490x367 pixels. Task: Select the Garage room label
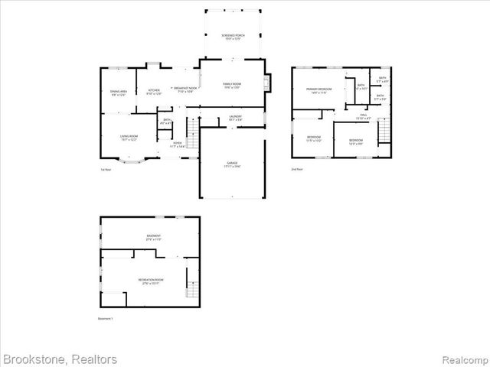(x=231, y=164)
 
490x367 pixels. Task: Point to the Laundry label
(x=235, y=118)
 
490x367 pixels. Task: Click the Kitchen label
(x=154, y=92)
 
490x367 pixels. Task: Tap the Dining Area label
(x=118, y=93)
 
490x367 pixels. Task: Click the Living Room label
(x=128, y=138)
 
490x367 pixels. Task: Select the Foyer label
(x=177, y=145)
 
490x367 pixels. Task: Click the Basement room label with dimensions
(x=153, y=237)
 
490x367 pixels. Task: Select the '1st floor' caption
(x=106, y=169)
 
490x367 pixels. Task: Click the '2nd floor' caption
(x=296, y=169)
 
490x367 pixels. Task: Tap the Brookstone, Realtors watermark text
(x=60, y=359)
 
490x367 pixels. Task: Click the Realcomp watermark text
(x=465, y=359)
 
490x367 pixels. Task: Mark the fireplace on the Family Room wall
(x=266, y=83)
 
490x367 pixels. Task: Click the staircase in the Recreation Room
(x=191, y=286)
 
